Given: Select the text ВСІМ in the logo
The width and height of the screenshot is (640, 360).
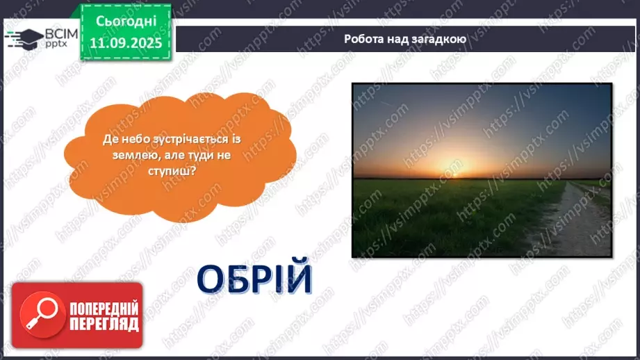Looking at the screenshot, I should [x=58, y=32].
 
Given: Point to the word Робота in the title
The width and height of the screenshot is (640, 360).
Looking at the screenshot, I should [x=363, y=39].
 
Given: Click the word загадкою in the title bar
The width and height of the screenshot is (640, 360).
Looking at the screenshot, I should [x=439, y=39].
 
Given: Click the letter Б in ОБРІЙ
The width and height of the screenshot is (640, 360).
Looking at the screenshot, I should [x=236, y=279].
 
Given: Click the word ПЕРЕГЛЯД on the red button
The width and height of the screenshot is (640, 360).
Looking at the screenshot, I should [x=104, y=325].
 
